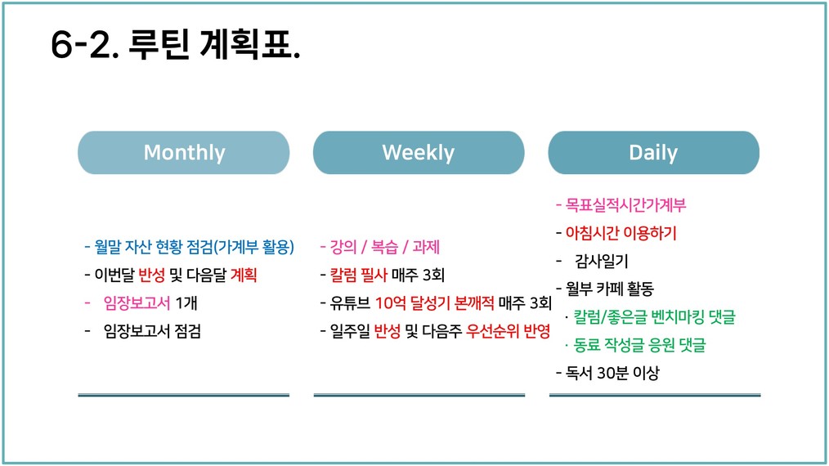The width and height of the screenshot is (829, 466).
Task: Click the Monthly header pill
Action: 183,152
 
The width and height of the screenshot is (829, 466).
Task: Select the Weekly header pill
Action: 419,152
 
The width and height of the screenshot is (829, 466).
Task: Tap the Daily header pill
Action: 654,152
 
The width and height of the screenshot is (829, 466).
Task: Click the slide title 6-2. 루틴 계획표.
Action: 176,44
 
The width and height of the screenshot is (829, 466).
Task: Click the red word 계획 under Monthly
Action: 244,275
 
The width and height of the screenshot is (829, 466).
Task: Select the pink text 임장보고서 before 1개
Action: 137,303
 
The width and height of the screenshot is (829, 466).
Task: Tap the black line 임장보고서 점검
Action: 152,331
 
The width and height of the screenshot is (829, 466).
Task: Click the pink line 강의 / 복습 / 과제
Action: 380,247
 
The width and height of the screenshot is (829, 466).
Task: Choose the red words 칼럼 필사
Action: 359,275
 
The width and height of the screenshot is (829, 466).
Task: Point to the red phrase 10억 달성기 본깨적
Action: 435,303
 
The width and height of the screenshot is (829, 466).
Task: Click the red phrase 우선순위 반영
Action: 508,331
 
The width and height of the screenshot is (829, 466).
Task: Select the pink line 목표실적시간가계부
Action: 621,204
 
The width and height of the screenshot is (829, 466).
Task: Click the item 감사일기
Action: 602,261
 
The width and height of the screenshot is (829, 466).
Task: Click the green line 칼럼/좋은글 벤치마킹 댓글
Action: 655,317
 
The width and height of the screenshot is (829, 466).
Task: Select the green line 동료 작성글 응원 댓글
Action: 639,345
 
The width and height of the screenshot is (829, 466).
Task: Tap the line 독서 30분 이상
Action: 608,373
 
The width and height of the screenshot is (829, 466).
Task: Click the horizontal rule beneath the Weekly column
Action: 419,395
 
